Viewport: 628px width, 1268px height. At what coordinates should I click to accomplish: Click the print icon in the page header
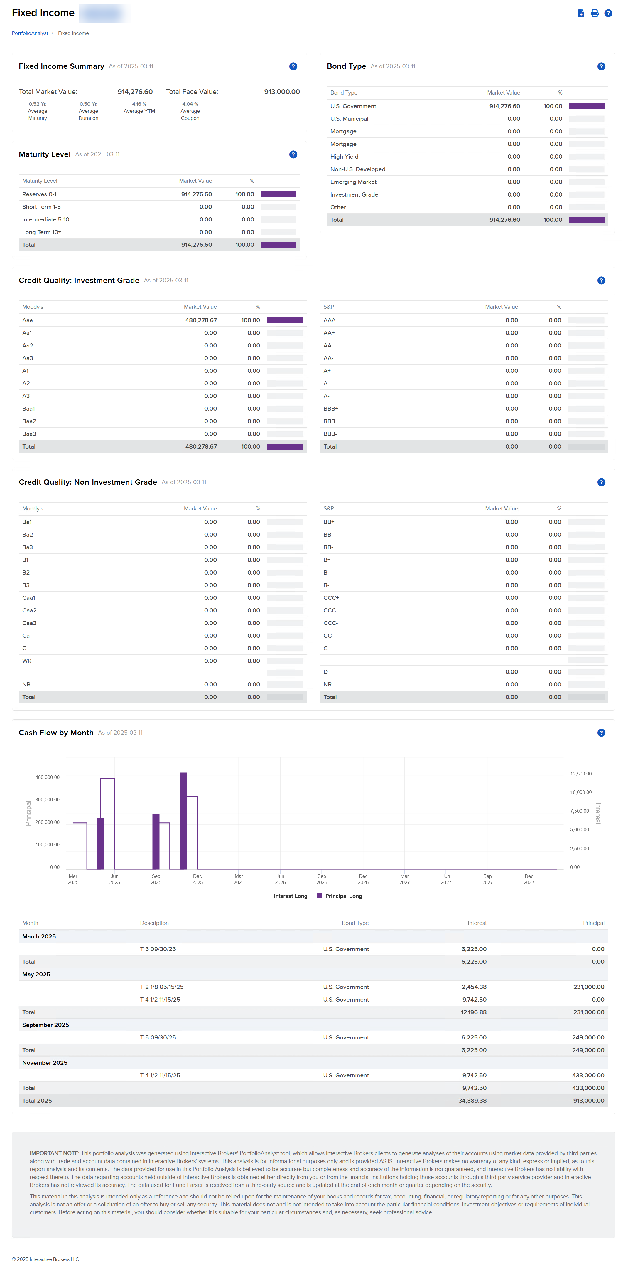594,13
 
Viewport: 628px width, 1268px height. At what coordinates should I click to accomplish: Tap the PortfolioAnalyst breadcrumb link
30,33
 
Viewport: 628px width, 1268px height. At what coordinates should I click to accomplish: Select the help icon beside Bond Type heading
601,66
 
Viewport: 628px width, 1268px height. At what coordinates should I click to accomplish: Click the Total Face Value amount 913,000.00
282,92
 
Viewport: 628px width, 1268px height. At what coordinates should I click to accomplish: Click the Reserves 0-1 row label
39,194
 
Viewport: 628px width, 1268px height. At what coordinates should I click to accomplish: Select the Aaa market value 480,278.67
201,320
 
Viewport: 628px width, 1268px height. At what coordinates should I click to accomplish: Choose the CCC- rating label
330,623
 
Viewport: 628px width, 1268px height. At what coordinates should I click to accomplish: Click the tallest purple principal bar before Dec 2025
183,821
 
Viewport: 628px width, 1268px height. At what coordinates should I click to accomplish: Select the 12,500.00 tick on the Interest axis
581,774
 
